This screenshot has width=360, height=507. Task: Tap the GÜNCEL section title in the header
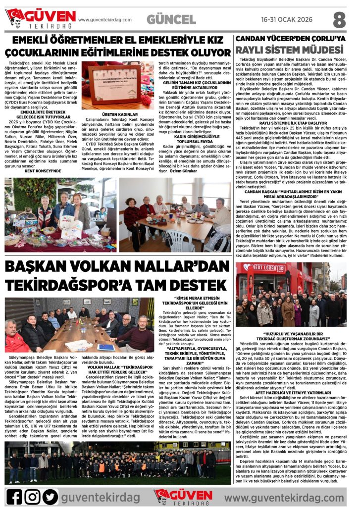tap(171, 19)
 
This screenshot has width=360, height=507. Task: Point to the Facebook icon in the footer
tap(14, 496)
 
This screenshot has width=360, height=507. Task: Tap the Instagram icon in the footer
tap(32, 496)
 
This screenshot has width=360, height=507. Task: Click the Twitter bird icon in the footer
tap(50, 496)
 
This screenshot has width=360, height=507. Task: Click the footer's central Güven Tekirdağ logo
tap(183, 496)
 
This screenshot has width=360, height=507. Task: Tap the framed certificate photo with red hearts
tap(111, 78)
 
